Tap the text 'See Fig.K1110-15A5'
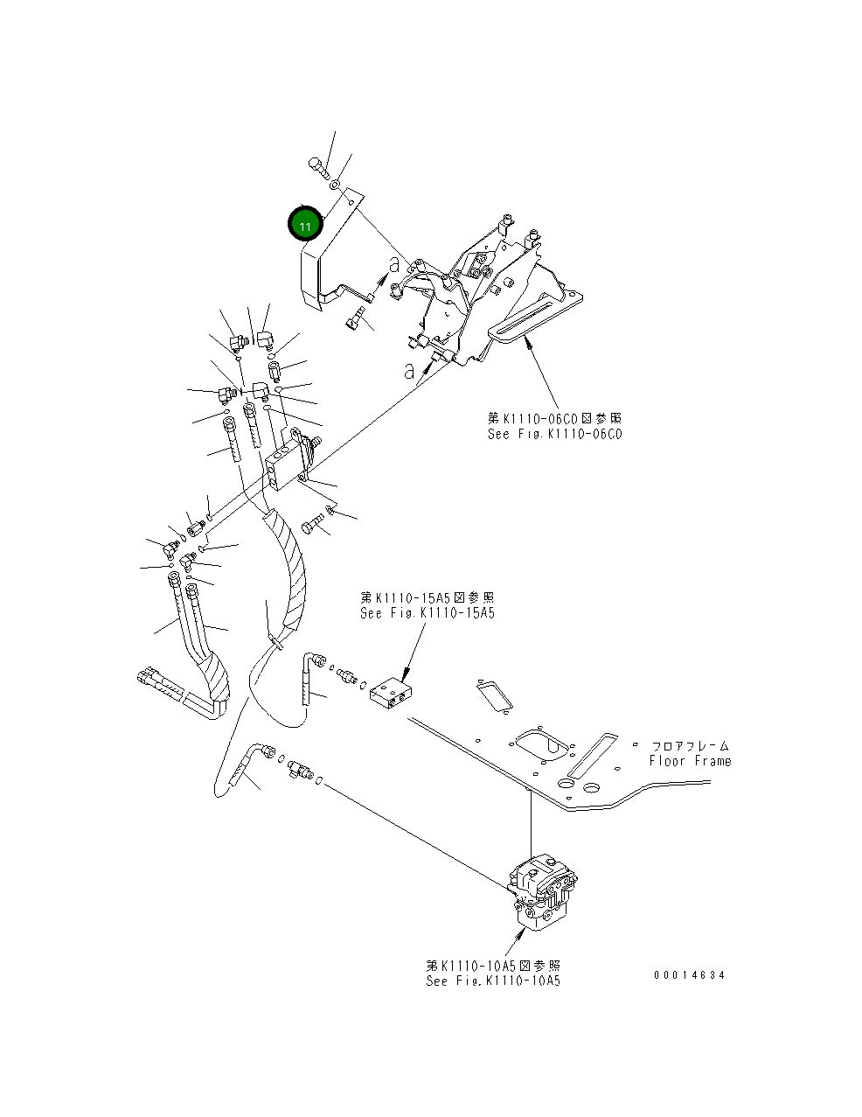(x=428, y=613)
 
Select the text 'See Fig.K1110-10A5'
(x=493, y=981)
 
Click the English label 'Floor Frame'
(x=690, y=761)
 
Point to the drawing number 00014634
(x=689, y=975)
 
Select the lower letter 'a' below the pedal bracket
(x=409, y=370)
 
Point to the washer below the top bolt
(x=335, y=185)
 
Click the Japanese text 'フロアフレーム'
(x=690, y=746)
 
